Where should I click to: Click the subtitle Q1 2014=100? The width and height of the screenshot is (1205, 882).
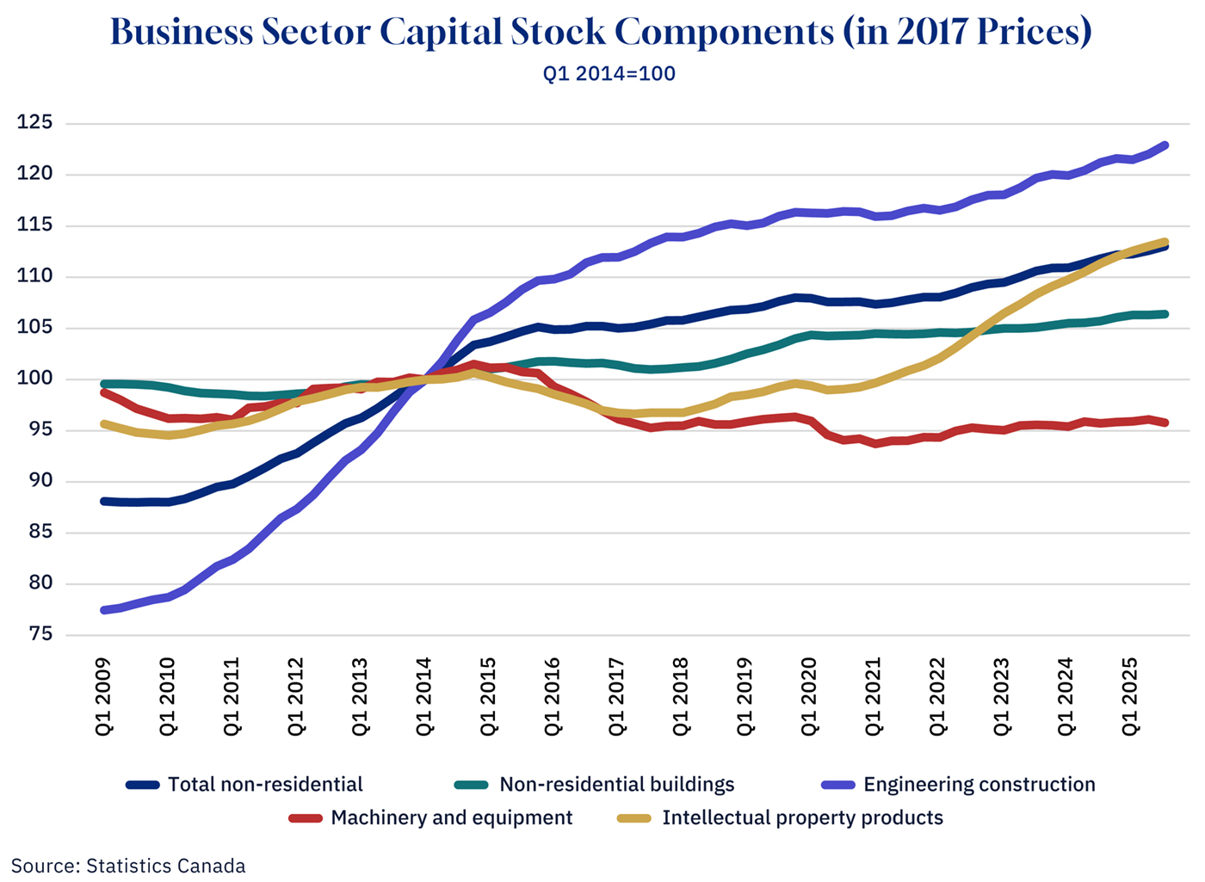(609, 74)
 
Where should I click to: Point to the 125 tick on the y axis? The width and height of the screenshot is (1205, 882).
(34, 123)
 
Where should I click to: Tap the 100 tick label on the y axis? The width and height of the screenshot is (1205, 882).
(34, 379)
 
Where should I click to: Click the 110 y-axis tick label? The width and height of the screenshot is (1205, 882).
(34, 276)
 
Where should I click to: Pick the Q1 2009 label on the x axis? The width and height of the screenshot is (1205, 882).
(103, 697)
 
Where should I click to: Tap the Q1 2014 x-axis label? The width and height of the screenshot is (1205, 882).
(424, 697)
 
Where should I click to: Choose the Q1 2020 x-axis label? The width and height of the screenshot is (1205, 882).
(809, 697)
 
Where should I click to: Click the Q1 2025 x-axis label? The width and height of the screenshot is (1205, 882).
(1130, 697)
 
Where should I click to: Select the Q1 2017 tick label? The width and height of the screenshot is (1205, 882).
(617, 697)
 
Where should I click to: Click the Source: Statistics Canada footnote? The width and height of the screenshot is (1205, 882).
(128, 866)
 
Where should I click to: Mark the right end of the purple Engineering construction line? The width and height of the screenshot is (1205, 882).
(1166, 145)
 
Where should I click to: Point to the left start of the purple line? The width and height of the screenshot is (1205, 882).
(104, 610)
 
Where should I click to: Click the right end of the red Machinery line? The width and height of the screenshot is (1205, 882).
(1166, 422)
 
